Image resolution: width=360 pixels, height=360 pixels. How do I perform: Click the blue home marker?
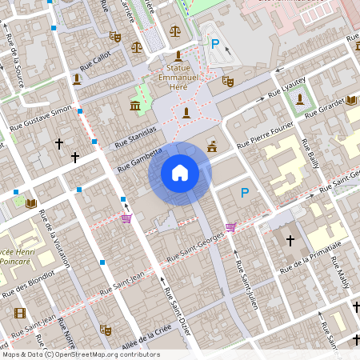[x=180, y=172]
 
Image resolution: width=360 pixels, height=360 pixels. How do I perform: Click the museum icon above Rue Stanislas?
[x=134, y=106]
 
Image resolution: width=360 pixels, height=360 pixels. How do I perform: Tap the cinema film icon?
[x=19, y=313]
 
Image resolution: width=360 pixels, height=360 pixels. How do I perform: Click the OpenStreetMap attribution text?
[x=80, y=354]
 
